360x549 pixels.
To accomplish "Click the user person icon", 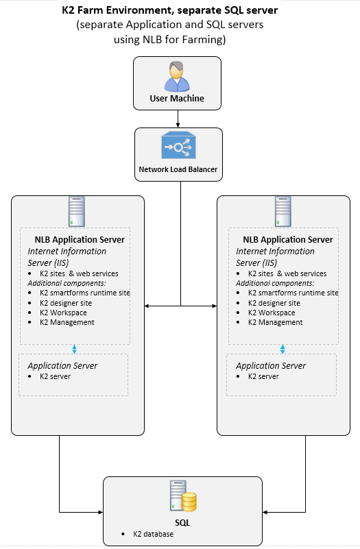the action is tap(177, 77).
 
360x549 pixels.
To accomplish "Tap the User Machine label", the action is tap(177, 99).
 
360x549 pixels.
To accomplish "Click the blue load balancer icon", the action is tap(178, 145).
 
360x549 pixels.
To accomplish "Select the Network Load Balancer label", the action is tap(178, 169).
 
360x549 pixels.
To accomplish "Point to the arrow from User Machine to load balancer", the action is tap(178, 119).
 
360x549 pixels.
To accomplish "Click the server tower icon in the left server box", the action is tap(77, 212).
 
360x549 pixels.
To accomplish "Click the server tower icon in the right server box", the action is tap(283, 212).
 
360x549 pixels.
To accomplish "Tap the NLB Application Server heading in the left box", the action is tap(80, 239).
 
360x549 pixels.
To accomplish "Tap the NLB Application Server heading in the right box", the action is tap(288, 239).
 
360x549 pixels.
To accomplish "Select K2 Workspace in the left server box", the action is tap(63, 313).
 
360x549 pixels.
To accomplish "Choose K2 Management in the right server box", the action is tap(275, 322).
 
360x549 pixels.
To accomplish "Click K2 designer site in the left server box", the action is tap(66, 303).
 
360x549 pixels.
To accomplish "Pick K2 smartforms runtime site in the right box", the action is tap(293, 293).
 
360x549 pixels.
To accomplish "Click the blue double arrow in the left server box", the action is tap(74, 349).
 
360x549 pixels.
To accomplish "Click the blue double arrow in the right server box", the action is tap(283, 349).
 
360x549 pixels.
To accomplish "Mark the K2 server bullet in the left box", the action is tap(55, 376).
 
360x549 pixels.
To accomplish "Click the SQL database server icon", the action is tap(183, 496).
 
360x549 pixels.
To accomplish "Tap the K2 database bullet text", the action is tap(153, 534).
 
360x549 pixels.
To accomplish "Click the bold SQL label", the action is tap(182, 523).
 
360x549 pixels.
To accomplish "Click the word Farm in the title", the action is tap(91, 10).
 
